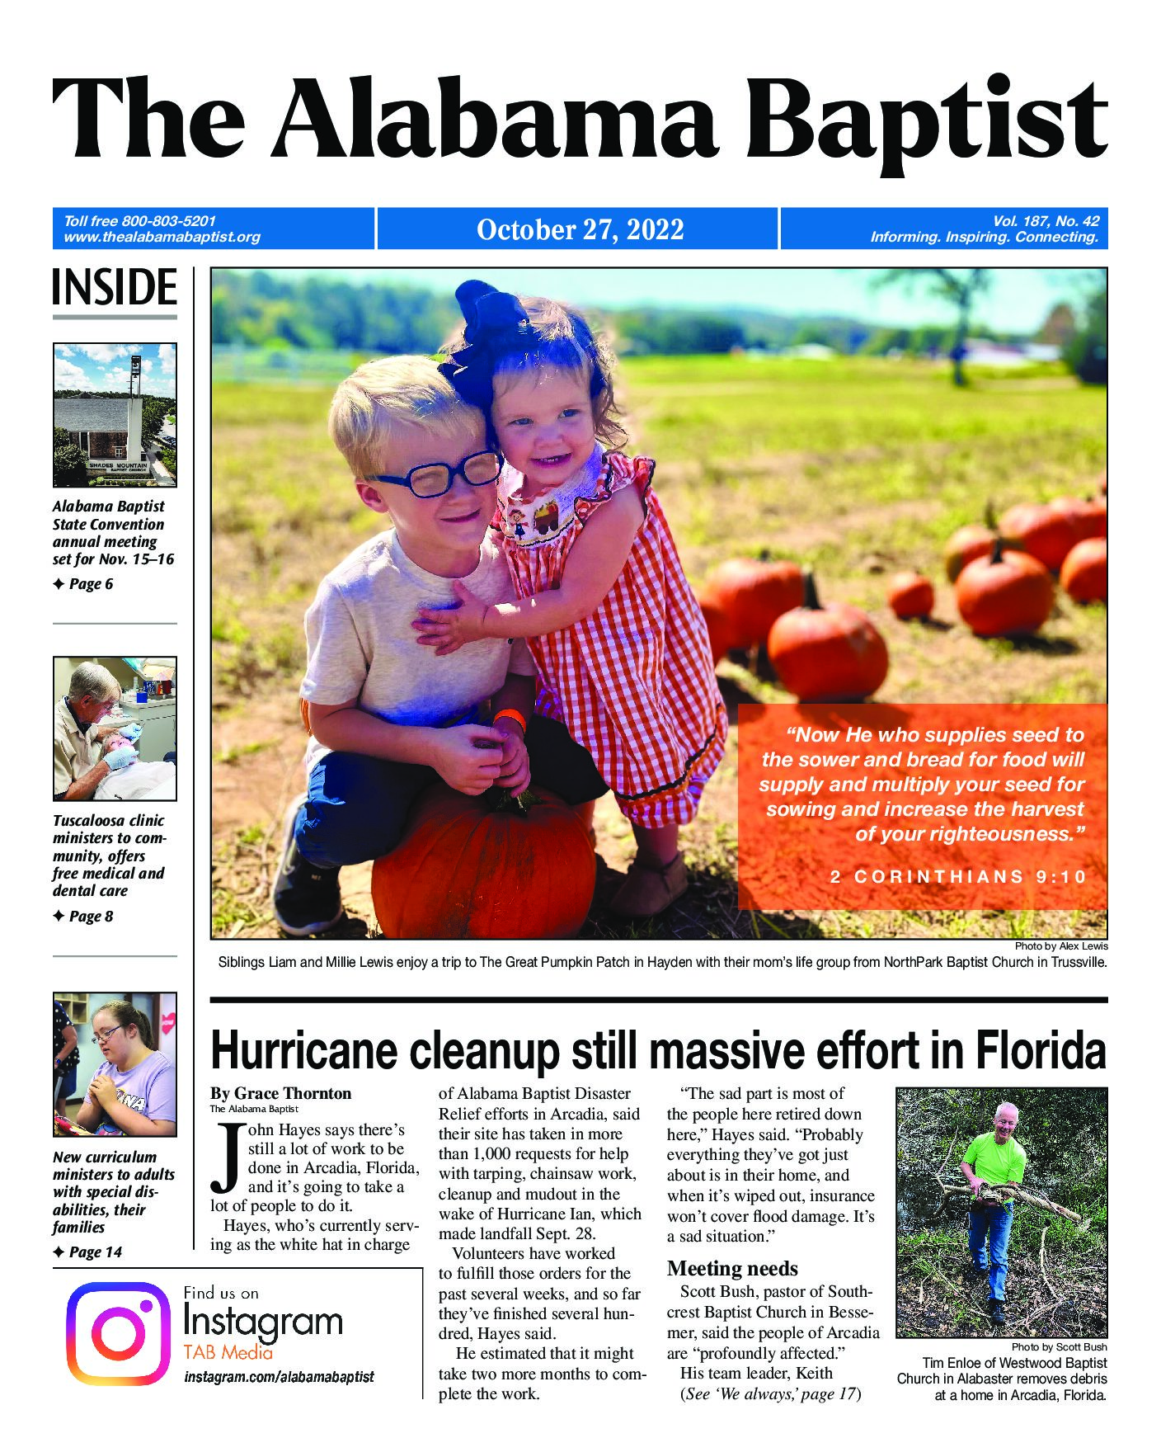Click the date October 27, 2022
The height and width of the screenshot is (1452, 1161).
(580, 229)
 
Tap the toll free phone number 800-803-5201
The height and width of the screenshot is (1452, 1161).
(168, 221)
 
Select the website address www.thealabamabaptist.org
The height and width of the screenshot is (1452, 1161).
(162, 238)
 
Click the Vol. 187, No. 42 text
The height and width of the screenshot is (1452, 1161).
(1046, 220)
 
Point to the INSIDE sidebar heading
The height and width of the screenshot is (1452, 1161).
(115, 287)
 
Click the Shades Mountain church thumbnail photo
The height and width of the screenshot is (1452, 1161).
(115, 414)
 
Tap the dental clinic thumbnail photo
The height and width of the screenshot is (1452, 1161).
(115, 728)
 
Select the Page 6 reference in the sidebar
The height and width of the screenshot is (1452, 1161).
(90, 584)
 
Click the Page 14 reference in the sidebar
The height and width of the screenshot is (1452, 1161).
(95, 1252)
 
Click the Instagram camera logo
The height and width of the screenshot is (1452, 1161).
(118, 1333)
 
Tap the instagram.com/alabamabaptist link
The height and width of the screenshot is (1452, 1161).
(279, 1377)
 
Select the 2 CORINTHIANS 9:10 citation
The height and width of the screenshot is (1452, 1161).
(958, 877)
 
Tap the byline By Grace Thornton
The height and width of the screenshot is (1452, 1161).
(281, 1094)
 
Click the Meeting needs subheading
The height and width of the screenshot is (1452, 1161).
(732, 1268)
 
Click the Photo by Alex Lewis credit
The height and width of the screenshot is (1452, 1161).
(1061, 946)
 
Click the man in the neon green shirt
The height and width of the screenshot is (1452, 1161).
(1000, 1188)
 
